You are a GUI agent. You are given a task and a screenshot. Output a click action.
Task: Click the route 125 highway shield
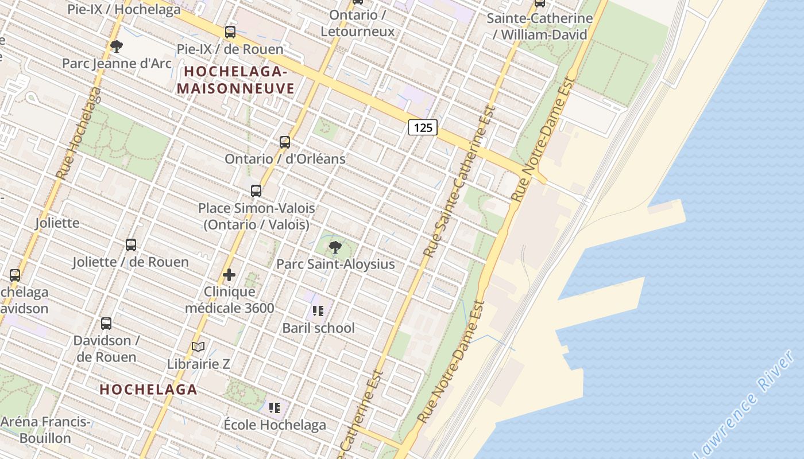[423, 127]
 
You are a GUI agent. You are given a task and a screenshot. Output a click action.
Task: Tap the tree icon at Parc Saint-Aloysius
[335, 247]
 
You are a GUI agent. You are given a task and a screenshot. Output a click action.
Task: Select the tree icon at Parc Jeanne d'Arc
[117, 46]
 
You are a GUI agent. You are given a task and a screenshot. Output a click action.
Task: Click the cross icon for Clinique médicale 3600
[229, 275]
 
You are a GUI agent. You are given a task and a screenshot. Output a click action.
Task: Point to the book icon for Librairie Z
[198, 347]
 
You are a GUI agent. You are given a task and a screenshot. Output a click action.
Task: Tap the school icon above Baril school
[318, 311]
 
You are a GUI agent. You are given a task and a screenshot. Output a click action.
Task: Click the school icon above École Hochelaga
[275, 408]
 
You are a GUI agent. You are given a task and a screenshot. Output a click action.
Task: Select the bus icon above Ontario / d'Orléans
[285, 142]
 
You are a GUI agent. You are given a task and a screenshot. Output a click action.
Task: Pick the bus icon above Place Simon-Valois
[256, 190]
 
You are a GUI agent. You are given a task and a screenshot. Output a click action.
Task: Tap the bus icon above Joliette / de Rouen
[131, 245]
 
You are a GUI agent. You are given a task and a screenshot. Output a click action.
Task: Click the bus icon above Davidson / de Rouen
[106, 323]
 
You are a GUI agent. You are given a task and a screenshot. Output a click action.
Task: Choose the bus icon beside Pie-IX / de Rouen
[230, 32]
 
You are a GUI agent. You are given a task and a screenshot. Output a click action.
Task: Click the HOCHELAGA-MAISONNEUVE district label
[235, 80]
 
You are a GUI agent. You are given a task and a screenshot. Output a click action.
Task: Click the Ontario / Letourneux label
[358, 23]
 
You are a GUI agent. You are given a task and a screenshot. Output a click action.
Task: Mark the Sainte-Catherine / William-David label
[540, 26]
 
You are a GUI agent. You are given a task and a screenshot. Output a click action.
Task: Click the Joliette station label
[57, 223]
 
